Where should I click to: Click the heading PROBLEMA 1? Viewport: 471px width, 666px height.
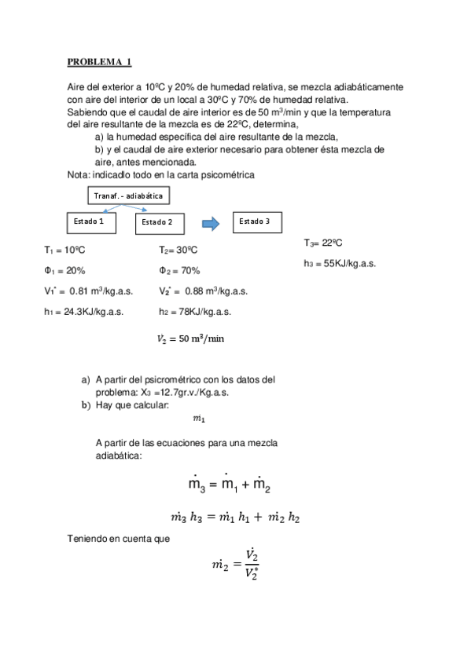[98, 61]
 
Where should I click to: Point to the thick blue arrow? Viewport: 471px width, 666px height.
[210, 224]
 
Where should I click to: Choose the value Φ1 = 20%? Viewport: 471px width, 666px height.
[65, 271]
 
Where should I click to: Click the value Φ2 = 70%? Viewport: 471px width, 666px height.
[179, 271]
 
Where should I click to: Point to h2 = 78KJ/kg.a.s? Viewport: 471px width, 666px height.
[194, 312]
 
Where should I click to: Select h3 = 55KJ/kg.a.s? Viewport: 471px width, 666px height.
[339, 264]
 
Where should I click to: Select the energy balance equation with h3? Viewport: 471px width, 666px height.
[235, 518]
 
